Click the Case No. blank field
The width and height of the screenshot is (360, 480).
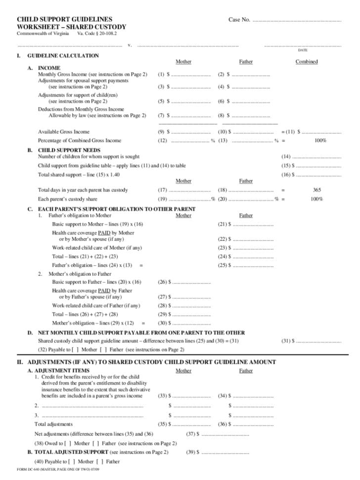pos(297,21)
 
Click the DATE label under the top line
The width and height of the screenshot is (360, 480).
pos(303,50)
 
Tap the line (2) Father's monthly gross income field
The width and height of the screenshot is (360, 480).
pos(251,75)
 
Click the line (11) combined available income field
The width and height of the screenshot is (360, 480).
pos(321,133)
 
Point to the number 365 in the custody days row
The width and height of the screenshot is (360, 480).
pos(317,190)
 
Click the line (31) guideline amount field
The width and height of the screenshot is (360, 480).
pos(319,341)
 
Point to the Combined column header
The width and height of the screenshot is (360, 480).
pos(307,62)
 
